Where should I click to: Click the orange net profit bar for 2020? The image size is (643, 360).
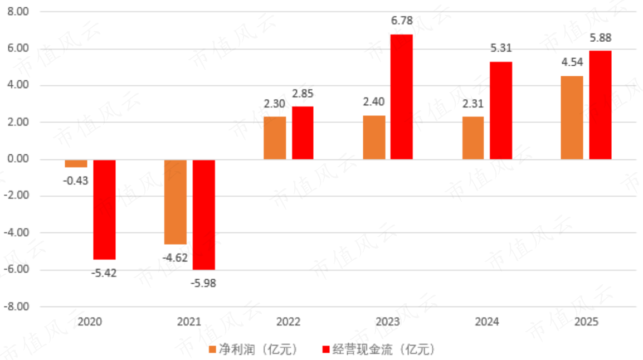[76, 163]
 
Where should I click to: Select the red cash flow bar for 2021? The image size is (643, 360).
[204, 215]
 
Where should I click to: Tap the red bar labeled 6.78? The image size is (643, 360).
[401, 97]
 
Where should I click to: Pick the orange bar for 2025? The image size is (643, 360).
[572, 118]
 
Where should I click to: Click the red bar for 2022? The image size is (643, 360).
[302, 133]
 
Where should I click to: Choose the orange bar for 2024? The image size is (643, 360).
[473, 138]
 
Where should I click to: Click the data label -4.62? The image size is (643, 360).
[174, 258]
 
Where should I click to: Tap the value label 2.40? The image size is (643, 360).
[373, 103]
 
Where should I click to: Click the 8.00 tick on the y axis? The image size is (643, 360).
[19, 12]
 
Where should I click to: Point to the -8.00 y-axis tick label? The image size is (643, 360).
[17, 307]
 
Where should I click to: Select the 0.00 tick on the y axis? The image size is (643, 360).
[19, 159]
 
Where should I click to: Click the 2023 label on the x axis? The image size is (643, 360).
[387, 322]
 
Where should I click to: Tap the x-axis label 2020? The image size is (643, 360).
[90, 322]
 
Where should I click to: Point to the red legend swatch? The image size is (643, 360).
[326, 349]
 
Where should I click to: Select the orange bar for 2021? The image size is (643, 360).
[176, 202]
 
